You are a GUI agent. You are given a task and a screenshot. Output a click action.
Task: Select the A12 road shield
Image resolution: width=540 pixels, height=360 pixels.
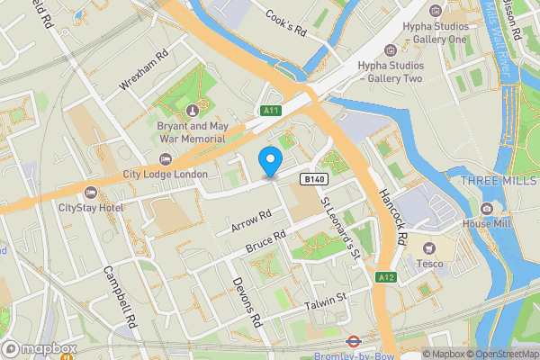pos(386,277)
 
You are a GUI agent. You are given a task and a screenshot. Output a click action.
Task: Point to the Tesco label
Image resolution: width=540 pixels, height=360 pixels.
pos(427,264)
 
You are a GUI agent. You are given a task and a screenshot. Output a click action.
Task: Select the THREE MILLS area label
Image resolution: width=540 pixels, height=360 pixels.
pos(499,181)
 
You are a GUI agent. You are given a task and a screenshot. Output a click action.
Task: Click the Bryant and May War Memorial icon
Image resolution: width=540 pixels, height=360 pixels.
pos(192,111)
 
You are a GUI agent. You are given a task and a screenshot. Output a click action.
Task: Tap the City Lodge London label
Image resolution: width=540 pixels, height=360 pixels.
pos(165,174)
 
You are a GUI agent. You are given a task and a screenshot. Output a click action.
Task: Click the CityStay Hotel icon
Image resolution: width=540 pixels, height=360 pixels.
pos(90,193)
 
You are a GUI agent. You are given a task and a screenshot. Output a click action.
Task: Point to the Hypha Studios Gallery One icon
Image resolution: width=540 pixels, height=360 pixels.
pos(436,11)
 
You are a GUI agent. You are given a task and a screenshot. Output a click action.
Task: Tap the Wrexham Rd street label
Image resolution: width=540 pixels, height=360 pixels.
pos(144,70)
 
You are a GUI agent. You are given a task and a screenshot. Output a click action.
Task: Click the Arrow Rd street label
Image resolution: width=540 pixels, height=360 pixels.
pos(251,220)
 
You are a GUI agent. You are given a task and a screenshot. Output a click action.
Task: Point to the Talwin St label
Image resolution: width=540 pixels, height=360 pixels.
pos(325,299)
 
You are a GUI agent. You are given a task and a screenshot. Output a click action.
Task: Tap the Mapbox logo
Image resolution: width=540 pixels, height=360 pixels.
pos(39,348)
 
